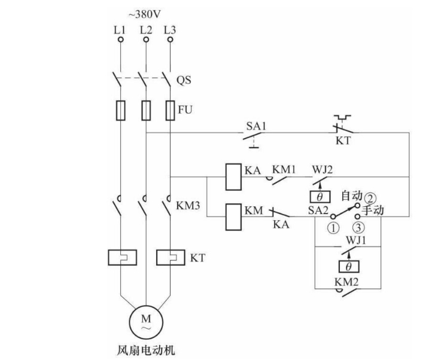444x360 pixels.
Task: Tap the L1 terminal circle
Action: (x=120, y=40)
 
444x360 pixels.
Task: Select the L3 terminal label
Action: (x=171, y=29)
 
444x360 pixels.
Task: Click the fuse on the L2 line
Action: (x=145, y=110)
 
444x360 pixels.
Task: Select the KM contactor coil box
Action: (x=232, y=216)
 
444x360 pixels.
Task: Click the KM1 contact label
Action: (x=284, y=170)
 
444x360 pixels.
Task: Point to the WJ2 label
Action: (x=321, y=170)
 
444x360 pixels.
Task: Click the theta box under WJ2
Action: (x=320, y=196)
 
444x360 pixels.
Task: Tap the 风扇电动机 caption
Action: (x=145, y=349)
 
